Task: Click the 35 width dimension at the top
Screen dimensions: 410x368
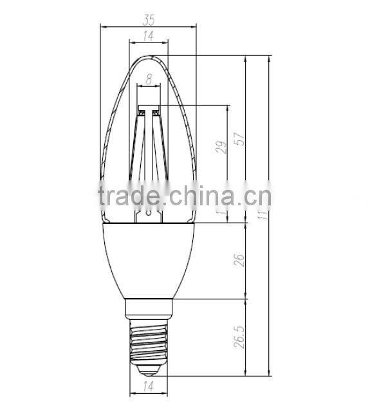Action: (x=149, y=19)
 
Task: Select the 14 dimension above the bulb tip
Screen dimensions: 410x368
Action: (x=149, y=37)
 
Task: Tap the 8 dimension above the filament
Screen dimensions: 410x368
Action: (x=149, y=80)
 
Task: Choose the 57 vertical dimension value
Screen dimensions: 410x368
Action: (x=239, y=140)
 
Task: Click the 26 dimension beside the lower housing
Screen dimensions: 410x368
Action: (x=239, y=260)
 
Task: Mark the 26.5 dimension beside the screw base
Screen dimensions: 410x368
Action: (x=239, y=337)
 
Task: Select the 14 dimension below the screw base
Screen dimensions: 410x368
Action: (x=148, y=387)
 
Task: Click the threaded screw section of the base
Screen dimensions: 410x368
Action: (x=149, y=341)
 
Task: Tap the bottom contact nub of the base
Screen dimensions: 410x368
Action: (x=149, y=371)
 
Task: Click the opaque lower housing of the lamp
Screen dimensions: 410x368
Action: (x=149, y=257)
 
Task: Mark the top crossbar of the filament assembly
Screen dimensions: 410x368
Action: (x=149, y=107)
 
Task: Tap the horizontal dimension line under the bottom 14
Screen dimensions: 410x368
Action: (x=149, y=394)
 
